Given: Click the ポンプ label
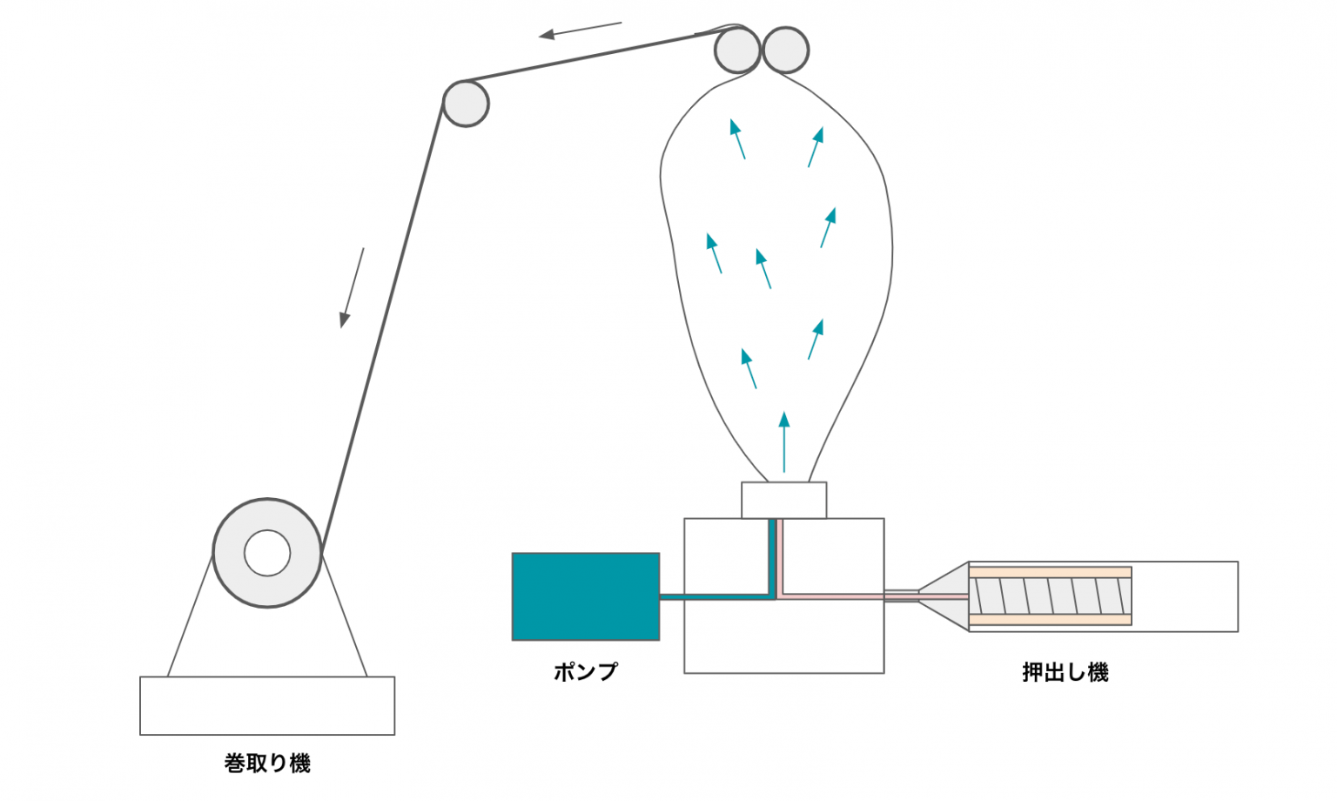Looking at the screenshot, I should tap(585, 671).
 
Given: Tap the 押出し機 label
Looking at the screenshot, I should tap(1065, 672).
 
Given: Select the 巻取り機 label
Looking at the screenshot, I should tap(267, 764).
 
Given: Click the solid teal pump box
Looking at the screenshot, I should tap(585, 596).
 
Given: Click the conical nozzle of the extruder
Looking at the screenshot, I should tap(944, 596).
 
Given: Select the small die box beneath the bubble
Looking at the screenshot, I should tap(783, 500).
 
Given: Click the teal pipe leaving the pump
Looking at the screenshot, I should tap(714, 596).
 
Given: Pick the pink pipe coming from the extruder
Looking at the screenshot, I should tap(836, 596).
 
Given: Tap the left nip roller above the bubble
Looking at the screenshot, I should tap(736, 50).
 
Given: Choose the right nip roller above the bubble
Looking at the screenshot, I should tap(786, 50).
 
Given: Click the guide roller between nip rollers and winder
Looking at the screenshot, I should tap(466, 104).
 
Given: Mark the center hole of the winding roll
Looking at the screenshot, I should tap(267, 553).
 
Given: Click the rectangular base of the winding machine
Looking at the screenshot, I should tap(267, 705).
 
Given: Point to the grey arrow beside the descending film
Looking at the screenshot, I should tap(352, 287).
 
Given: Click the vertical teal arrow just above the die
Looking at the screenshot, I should tap(784, 442).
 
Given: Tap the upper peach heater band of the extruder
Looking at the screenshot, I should tap(1050, 572).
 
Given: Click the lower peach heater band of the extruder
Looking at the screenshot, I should tap(1050, 620).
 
